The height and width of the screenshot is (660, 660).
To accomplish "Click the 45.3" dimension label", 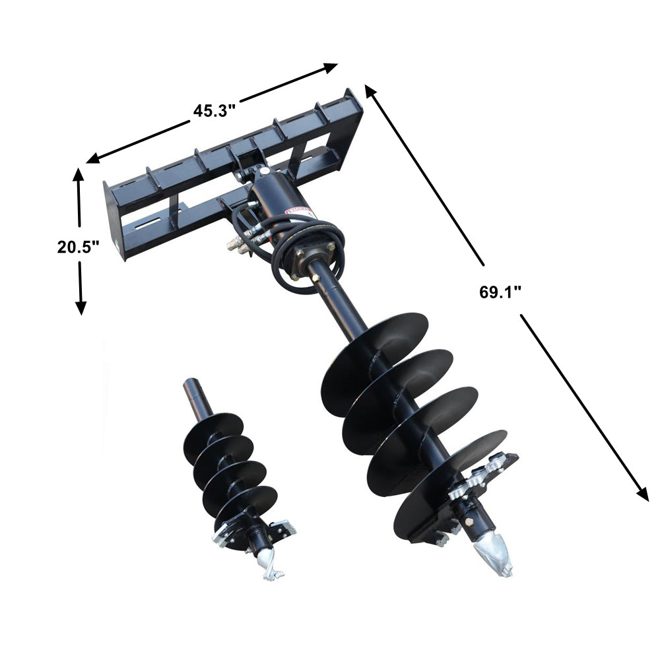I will [x=214, y=110].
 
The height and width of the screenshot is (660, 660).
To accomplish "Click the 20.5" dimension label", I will [x=78, y=247].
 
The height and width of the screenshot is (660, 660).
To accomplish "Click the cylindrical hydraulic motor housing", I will [x=274, y=198].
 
